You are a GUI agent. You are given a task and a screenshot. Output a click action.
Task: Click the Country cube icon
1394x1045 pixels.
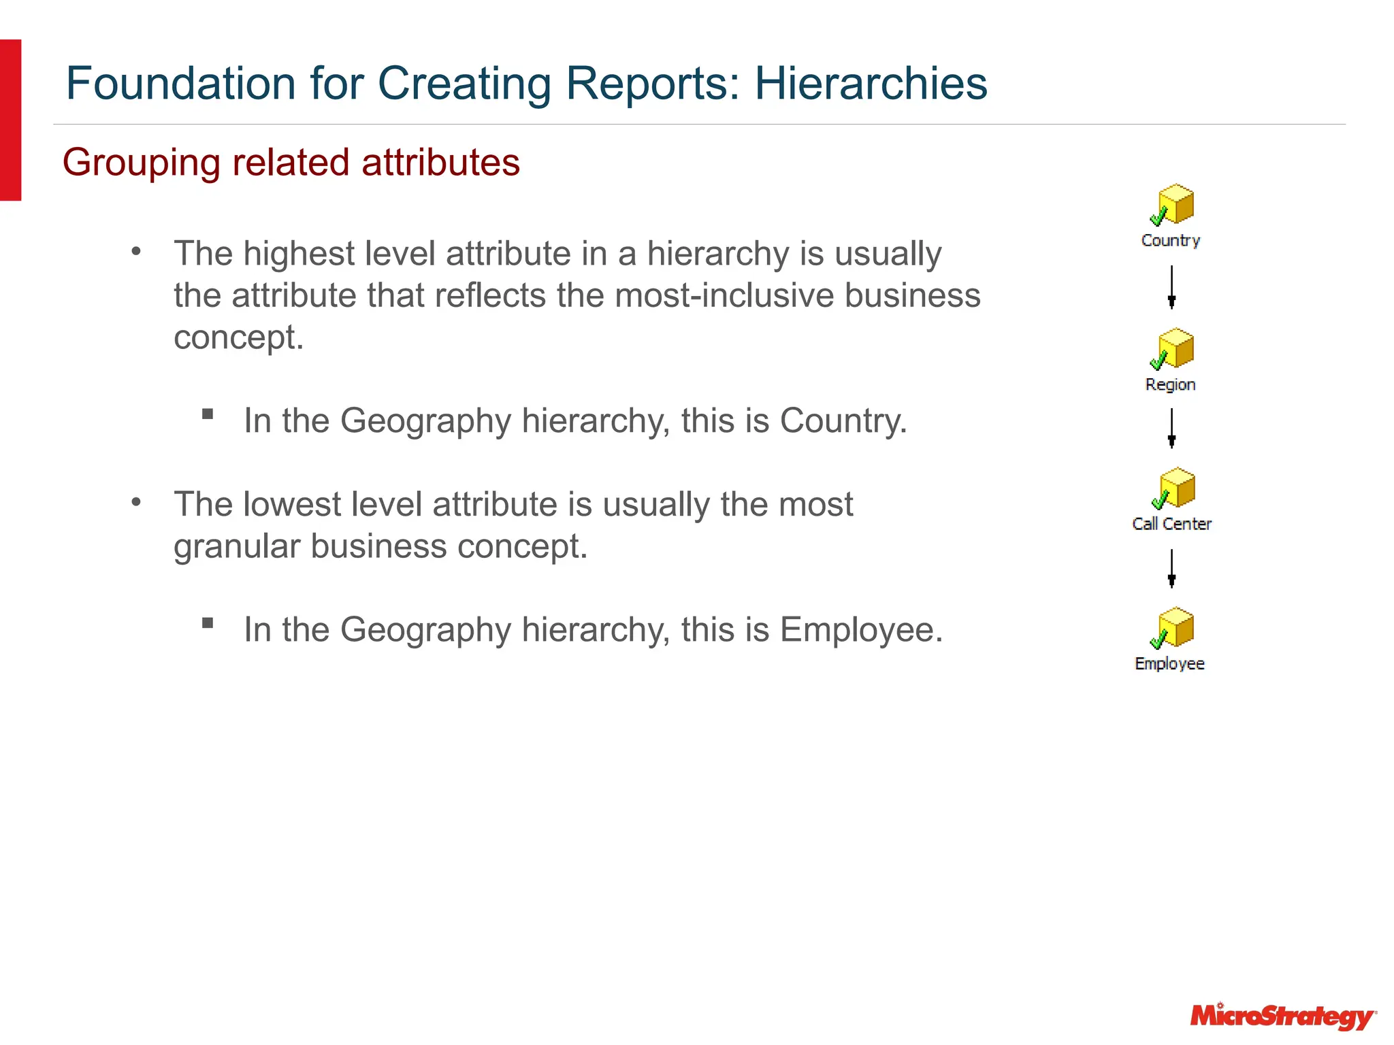pyautogui.click(x=1173, y=204)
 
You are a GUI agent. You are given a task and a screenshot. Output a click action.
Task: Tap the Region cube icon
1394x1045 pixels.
pyautogui.click(x=1173, y=348)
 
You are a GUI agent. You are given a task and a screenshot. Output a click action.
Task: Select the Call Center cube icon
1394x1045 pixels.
pyautogui.click(x=1174, y=488)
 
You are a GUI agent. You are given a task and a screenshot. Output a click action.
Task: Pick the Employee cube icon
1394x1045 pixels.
pyautogui.click(x=1173, y=627)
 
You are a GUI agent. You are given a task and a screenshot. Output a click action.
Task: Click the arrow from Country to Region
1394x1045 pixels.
pyautogui.click(x=1171, y=287)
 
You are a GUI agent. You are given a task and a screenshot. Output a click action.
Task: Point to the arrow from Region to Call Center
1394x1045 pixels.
pyautogui.click(x=1171, y=428)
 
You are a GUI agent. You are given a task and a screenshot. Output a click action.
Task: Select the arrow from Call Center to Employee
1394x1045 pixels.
pyautogui.click(x=1171, y=568)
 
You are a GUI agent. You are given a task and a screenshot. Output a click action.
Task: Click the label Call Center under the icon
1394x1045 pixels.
pyautogui.click(x=1171, y=524)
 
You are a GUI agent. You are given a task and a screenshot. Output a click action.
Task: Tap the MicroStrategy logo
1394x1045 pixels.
pyautogui.click(x=1282, y=1017)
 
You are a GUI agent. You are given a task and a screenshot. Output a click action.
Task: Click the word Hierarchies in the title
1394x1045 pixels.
pyautogui.click(x=871, y=84)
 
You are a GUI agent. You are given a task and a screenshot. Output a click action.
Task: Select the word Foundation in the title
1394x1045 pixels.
pyautogui.click(x=181, y=84)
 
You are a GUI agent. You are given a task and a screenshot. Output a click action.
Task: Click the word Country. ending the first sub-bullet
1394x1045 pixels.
pyautogui.click(x=843, y=420)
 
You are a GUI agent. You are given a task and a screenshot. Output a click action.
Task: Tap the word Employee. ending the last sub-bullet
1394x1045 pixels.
pyautogui.click(x=861, y=629)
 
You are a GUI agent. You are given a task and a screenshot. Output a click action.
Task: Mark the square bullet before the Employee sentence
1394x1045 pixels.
pyautogui.click(x=208, y=623)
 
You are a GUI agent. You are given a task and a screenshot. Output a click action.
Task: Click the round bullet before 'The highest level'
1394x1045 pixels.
pyautogui.click(x=136, y=252)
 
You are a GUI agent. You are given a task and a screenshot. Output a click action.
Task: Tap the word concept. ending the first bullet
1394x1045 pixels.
pyautogui.click(x=238, y=338)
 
